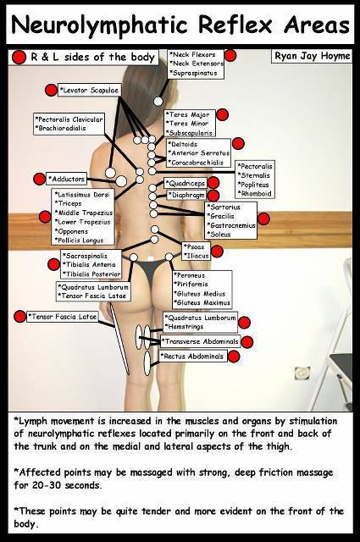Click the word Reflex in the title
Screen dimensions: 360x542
[235, 25]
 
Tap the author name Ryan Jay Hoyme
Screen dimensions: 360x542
[312, 56]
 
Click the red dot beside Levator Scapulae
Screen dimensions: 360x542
[51, 91]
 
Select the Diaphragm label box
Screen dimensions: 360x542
[186, 196]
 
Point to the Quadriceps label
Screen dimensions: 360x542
[186, 183]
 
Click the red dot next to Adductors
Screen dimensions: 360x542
[40, 179]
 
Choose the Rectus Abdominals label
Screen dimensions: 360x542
[194, 357]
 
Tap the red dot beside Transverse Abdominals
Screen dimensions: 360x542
[246, 342]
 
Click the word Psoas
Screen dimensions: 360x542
[196, 247]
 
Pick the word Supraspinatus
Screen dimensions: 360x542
[195, 74]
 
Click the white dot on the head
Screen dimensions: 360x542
[158, 102]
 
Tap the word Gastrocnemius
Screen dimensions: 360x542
[233, 225]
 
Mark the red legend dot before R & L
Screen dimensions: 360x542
[19, 58]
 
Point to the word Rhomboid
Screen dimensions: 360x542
[256, 194]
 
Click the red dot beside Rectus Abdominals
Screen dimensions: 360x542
[234, 357]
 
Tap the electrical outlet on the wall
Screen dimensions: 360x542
[302, 373]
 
